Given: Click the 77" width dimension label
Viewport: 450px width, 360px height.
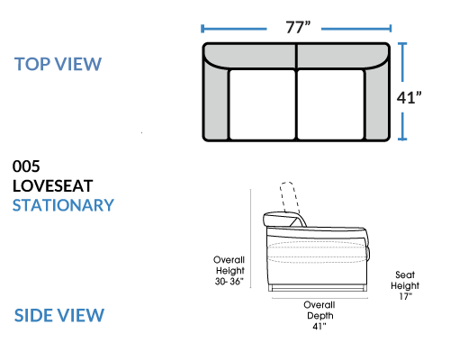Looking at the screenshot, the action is click(x=298, y=27).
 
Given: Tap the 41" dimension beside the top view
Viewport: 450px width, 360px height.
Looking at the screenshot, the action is click(x=409, y=97).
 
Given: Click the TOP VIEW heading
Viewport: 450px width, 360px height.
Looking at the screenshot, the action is click(x=58, y=64).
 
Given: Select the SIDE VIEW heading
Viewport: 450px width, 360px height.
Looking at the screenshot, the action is click(x=59, y=315).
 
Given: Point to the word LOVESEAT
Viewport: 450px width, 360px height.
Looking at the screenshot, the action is click(x=53, y=186).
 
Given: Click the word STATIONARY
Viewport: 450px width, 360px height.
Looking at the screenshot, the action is click(x=63, y=205).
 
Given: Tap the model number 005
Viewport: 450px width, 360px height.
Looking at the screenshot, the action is click(x=26, y=166).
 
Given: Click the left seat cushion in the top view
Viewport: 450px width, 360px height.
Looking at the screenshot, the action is click(x=262, y=104).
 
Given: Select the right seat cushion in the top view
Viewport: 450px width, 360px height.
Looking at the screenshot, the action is click(x=330, y=104).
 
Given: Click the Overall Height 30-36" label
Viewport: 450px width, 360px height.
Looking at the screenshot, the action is click(x=229, y=271).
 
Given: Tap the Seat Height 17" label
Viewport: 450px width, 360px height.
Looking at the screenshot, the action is click(x=405, y=285).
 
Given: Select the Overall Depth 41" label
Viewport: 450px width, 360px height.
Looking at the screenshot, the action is click(x=319, y=316).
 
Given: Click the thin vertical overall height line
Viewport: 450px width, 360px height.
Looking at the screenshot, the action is click(x=250, y=238).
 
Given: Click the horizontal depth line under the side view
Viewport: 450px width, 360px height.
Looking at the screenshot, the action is click(x=319, y=298).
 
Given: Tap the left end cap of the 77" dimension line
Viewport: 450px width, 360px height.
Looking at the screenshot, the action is click(x=202, y=29).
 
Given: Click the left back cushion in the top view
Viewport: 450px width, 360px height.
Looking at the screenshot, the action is click(x=250, y=57).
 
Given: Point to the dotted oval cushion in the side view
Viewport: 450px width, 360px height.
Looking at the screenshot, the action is click(x=317, y=252).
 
